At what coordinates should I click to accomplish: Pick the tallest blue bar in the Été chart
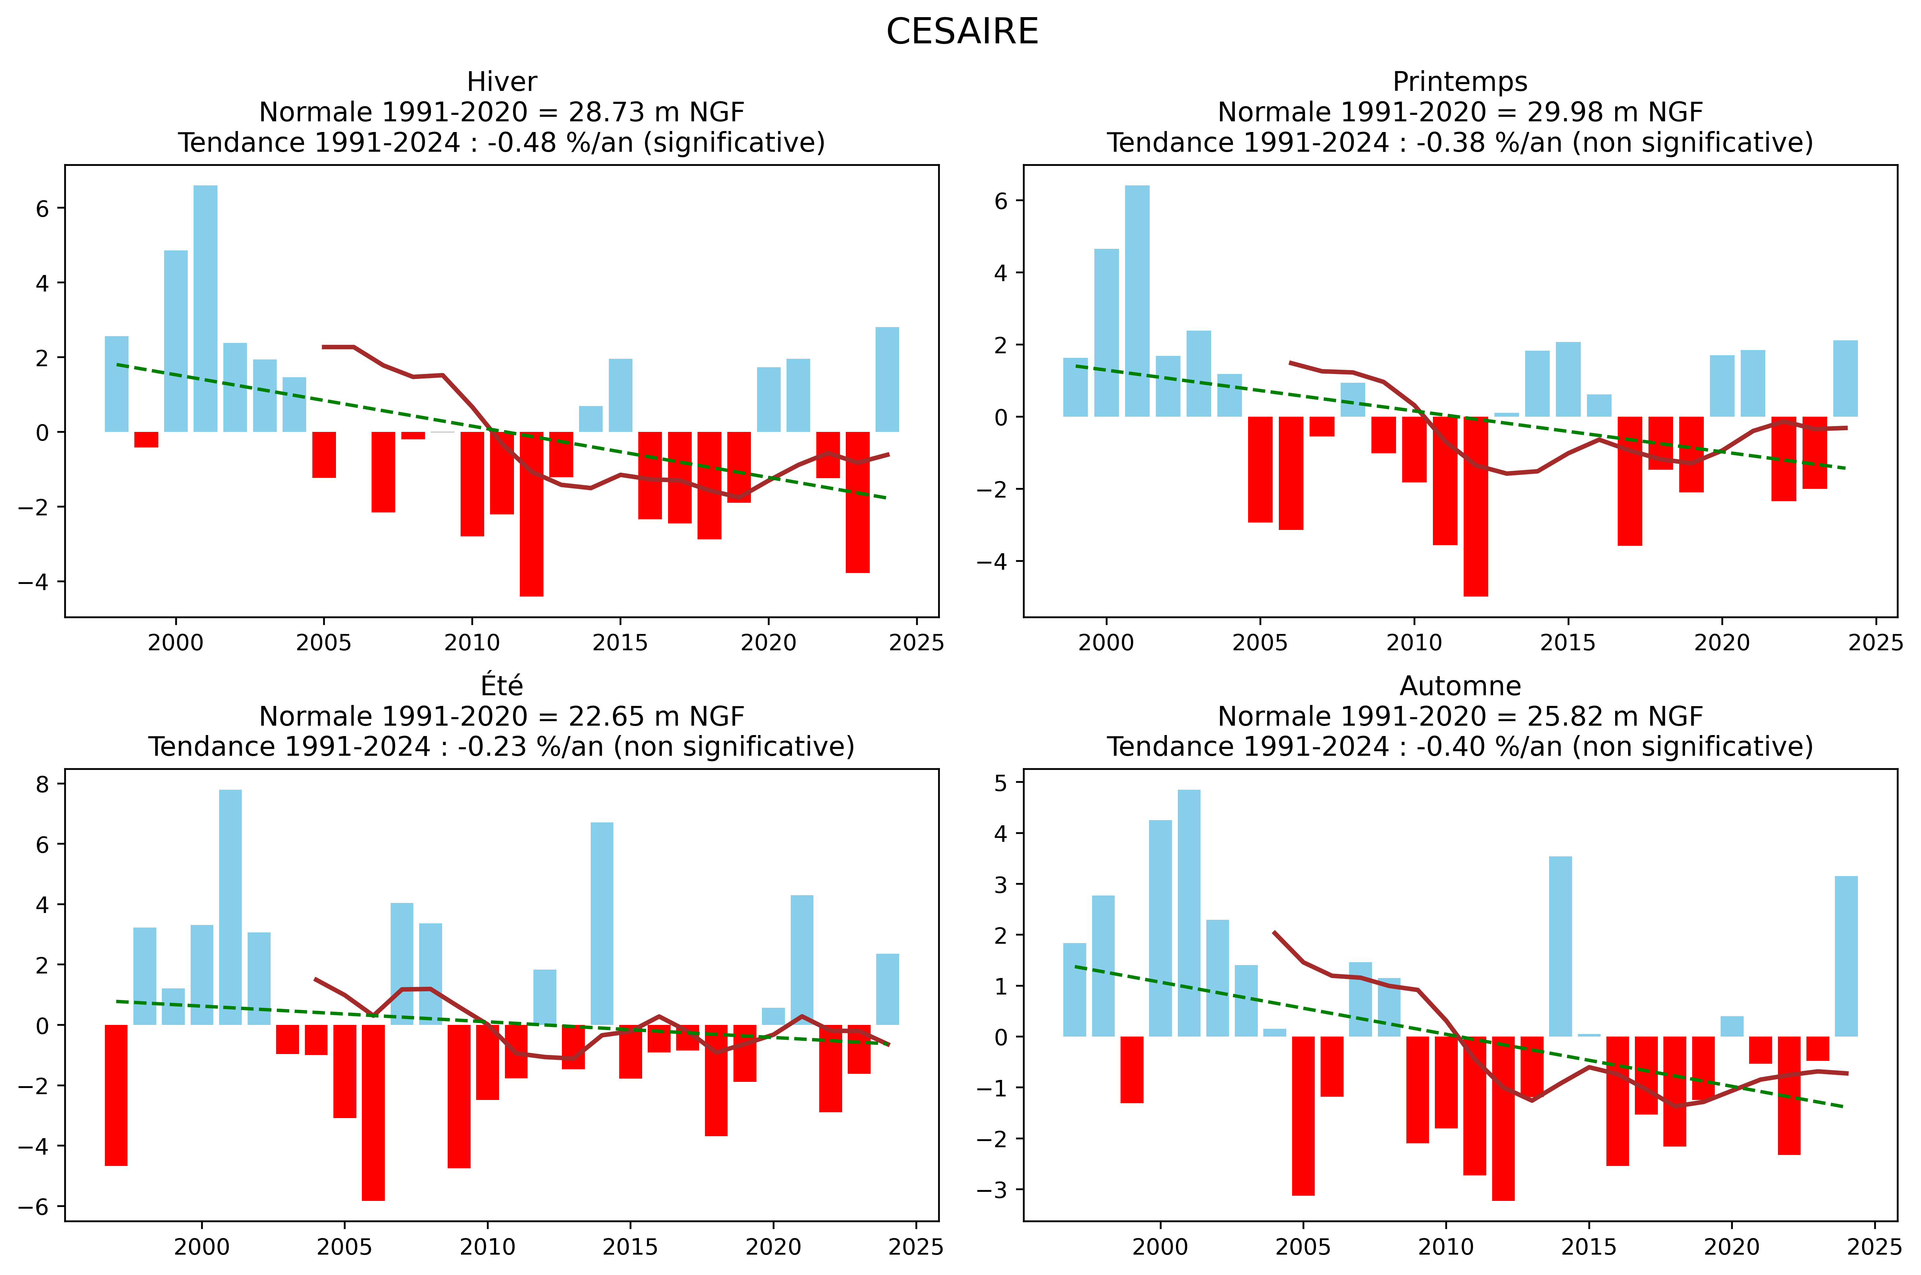coord(230,907)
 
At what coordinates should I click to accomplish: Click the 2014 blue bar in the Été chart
coord(602,923)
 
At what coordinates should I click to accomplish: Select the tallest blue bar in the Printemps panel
coord(1137,301)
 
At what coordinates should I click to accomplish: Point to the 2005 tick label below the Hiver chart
coord(324,643)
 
